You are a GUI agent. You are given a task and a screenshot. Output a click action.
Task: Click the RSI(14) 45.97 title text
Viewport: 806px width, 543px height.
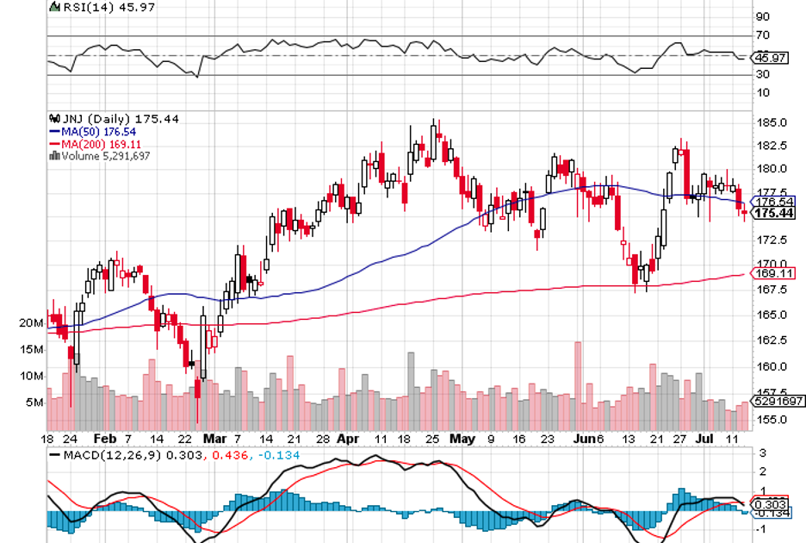click(95, 7)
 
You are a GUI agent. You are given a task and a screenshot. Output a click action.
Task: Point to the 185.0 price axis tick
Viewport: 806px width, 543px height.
click(771, 122)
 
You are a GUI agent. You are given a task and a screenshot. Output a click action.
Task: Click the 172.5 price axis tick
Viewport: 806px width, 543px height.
click(771, 240)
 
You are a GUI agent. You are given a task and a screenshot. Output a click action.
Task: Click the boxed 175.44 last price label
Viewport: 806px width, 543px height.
click(774, 212)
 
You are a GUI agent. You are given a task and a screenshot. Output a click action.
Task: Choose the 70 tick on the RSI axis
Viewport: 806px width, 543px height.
click(763, 35)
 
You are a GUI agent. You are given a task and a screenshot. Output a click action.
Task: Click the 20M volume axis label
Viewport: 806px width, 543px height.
click(32, 322)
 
